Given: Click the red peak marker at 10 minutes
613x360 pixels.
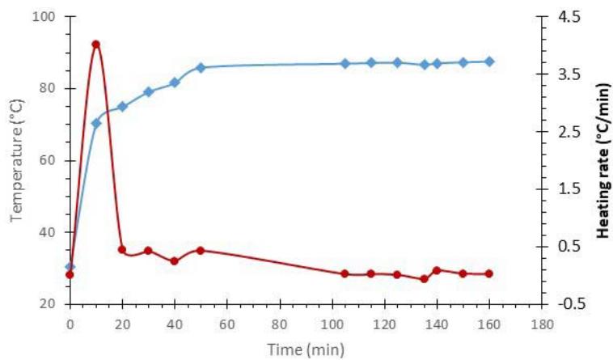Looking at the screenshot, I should pyautogui.click(x=95, y=44).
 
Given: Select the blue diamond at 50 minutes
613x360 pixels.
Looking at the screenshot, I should pyautogui.click(x=201, y=67).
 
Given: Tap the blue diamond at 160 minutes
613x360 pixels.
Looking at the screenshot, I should pyautogui.click(x=489, y=61).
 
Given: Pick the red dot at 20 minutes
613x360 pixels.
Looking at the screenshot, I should pyautogui.click(x=122, y=249).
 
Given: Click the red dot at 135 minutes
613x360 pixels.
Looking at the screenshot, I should pyautogui.click(x=424, y=279).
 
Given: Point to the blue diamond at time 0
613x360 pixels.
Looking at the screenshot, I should pyautogui.click(x=70, y=267).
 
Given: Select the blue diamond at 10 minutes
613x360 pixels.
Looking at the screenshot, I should pyautogui.click(x=95, y=123).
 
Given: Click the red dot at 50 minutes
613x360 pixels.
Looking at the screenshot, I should pyautogui.click(x=201, y=251).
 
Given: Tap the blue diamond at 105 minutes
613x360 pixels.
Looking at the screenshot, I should pyautogui.click(x=345, y=63).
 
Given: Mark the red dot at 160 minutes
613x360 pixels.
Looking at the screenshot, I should pyautogui.click(x=489, y=273).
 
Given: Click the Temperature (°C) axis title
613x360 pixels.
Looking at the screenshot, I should pyautogui.click(x=16, y=160).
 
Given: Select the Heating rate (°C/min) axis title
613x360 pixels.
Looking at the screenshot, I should pyautogui.click(x=601, y=160).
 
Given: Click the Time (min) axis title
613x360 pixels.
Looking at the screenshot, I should pyautogui.click(x=307, y=349).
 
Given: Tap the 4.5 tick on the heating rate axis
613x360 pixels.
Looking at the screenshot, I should pyautogui.click(x=569, y=17).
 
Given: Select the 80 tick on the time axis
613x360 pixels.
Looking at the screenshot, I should pyautogui.click(x=280, y=326).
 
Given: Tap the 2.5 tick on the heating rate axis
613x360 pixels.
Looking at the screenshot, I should pyautogui.click(x=569, y=132).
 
